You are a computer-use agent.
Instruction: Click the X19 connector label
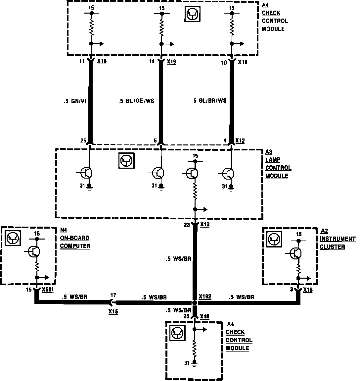click(171, 62)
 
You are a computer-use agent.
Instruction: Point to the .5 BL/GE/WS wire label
click(136, 101)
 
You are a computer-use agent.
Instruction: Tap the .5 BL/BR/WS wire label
click(209, 100)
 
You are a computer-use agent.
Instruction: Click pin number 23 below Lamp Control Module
click(187, 225)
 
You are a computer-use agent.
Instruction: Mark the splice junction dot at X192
click(195, 302)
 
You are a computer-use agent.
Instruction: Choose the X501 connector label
click(48, 290)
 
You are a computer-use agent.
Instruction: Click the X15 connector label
click(113, 311)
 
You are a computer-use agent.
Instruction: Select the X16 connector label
click(308, 290)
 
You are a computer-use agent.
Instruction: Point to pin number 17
click(113, 295)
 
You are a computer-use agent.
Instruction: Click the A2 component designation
click(324, 231)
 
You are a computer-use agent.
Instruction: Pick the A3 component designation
click(269, 152)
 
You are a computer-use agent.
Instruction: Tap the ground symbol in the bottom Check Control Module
click(195, 363)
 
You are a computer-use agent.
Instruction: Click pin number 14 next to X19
click(152, 62)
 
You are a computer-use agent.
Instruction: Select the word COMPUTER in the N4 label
click(75, 246)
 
